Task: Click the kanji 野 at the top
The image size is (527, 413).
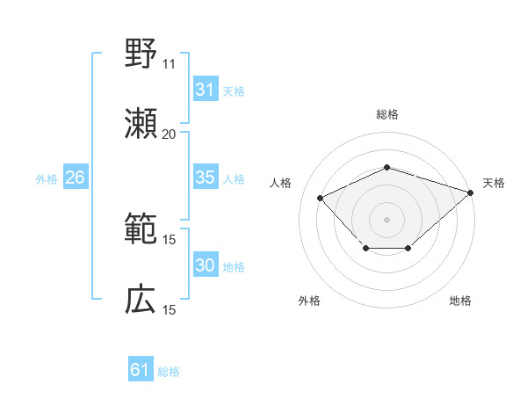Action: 141,54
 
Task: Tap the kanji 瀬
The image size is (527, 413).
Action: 141,124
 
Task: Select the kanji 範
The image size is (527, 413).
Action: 141,229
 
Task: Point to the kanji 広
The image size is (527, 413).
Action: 141,300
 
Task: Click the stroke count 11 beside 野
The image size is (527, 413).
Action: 169,64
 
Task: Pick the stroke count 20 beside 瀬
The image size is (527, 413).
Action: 169,134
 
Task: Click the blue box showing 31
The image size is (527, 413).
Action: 205,90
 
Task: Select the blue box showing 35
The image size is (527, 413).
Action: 205,178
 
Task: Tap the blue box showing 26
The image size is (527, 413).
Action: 75,178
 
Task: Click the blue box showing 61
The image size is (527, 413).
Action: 140,371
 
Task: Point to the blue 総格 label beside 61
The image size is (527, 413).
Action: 169,372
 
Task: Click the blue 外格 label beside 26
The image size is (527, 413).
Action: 47,178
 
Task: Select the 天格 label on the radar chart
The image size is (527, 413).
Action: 494,183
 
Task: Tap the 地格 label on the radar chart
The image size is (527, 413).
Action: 460,301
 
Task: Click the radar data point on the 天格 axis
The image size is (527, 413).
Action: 472,192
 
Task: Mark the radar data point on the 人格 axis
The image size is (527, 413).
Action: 321,198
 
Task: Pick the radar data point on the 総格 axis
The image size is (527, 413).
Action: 386,167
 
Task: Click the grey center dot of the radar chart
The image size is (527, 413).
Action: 386,219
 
